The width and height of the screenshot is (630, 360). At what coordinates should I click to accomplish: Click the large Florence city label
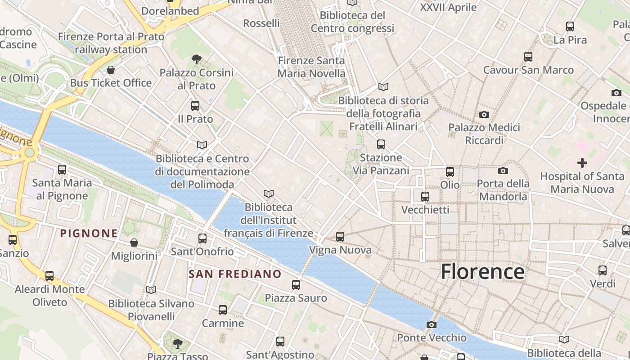[482, 272]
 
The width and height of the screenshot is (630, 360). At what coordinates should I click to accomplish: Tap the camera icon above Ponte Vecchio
[431, 324]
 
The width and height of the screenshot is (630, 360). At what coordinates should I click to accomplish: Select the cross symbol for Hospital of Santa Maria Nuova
[582, 163]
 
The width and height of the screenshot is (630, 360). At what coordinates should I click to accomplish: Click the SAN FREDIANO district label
[235, 274]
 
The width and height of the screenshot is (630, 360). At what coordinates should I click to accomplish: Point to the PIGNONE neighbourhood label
[89, 233]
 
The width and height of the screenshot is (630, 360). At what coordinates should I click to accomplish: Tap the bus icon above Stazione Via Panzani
[381, 144]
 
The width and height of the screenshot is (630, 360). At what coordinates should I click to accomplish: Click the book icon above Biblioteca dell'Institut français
[269, 193]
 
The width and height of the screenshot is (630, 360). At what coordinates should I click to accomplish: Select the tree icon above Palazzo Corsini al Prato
[196, 59]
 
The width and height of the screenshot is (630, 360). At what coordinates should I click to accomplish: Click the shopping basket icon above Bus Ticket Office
[111, 70]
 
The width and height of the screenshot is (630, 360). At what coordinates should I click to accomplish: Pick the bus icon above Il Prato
[195, 106]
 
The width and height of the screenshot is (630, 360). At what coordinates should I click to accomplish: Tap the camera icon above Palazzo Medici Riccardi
[484, 114]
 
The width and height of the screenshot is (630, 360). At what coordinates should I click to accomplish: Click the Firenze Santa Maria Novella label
[311, 67]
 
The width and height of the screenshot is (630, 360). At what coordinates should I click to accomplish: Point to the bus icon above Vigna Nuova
[340, 237]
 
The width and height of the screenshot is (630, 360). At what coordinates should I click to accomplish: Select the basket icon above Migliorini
[134, 243]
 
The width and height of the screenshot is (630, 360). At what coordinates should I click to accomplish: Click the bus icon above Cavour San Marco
[528, 57]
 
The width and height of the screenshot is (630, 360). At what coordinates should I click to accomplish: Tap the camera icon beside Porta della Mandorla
[503, 171]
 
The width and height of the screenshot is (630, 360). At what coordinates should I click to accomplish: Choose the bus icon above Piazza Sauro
[296, 285]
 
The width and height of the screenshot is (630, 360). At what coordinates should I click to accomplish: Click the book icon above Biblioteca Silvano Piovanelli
[151, 290]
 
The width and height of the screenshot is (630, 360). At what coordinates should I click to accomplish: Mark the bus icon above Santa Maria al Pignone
[62, 170]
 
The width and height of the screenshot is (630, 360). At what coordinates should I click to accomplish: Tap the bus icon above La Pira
[570, 27]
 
